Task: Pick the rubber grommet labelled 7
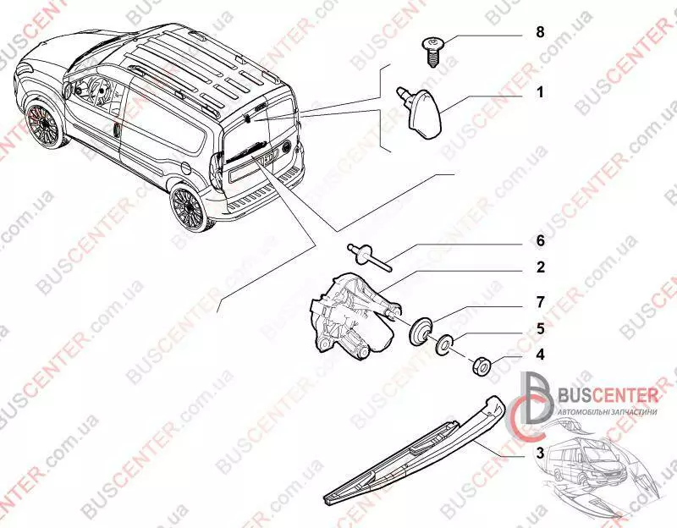[421, 330]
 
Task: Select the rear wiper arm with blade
[415, 453]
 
